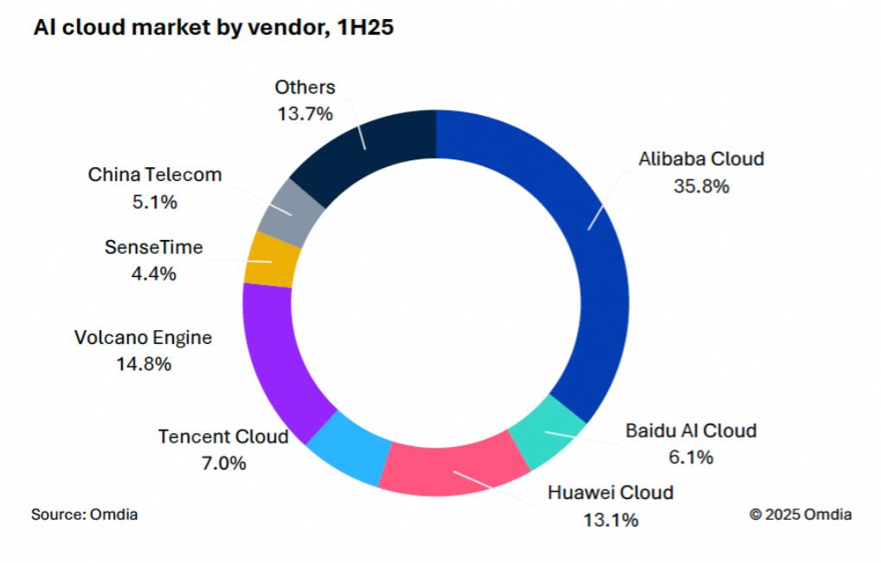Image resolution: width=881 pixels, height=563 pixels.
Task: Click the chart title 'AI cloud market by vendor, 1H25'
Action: click(x=213, y=28)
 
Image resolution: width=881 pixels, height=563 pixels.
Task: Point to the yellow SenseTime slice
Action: click(x=271, y=259)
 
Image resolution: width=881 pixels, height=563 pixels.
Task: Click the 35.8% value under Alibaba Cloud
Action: click(x=701, y=186)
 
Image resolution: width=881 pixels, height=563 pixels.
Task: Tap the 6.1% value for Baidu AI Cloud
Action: click(x=690, y=457)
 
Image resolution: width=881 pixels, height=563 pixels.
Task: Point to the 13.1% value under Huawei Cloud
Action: click(x=610, y=520)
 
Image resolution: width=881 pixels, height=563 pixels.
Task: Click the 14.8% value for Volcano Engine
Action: click(x=143, y=364)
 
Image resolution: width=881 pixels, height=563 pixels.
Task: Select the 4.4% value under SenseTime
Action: click(x=153, y=274)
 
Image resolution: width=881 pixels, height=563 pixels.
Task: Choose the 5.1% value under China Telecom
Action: click(x=154, y=202)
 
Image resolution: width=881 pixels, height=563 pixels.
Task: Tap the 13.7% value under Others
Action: click(x=305, y=113)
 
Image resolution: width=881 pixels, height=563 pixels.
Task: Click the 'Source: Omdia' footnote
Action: click(x=85, y=514)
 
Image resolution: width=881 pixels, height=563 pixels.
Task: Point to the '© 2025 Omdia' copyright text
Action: click(x=801, y=514)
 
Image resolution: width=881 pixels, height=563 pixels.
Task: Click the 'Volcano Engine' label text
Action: click(x=143, y=337)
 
